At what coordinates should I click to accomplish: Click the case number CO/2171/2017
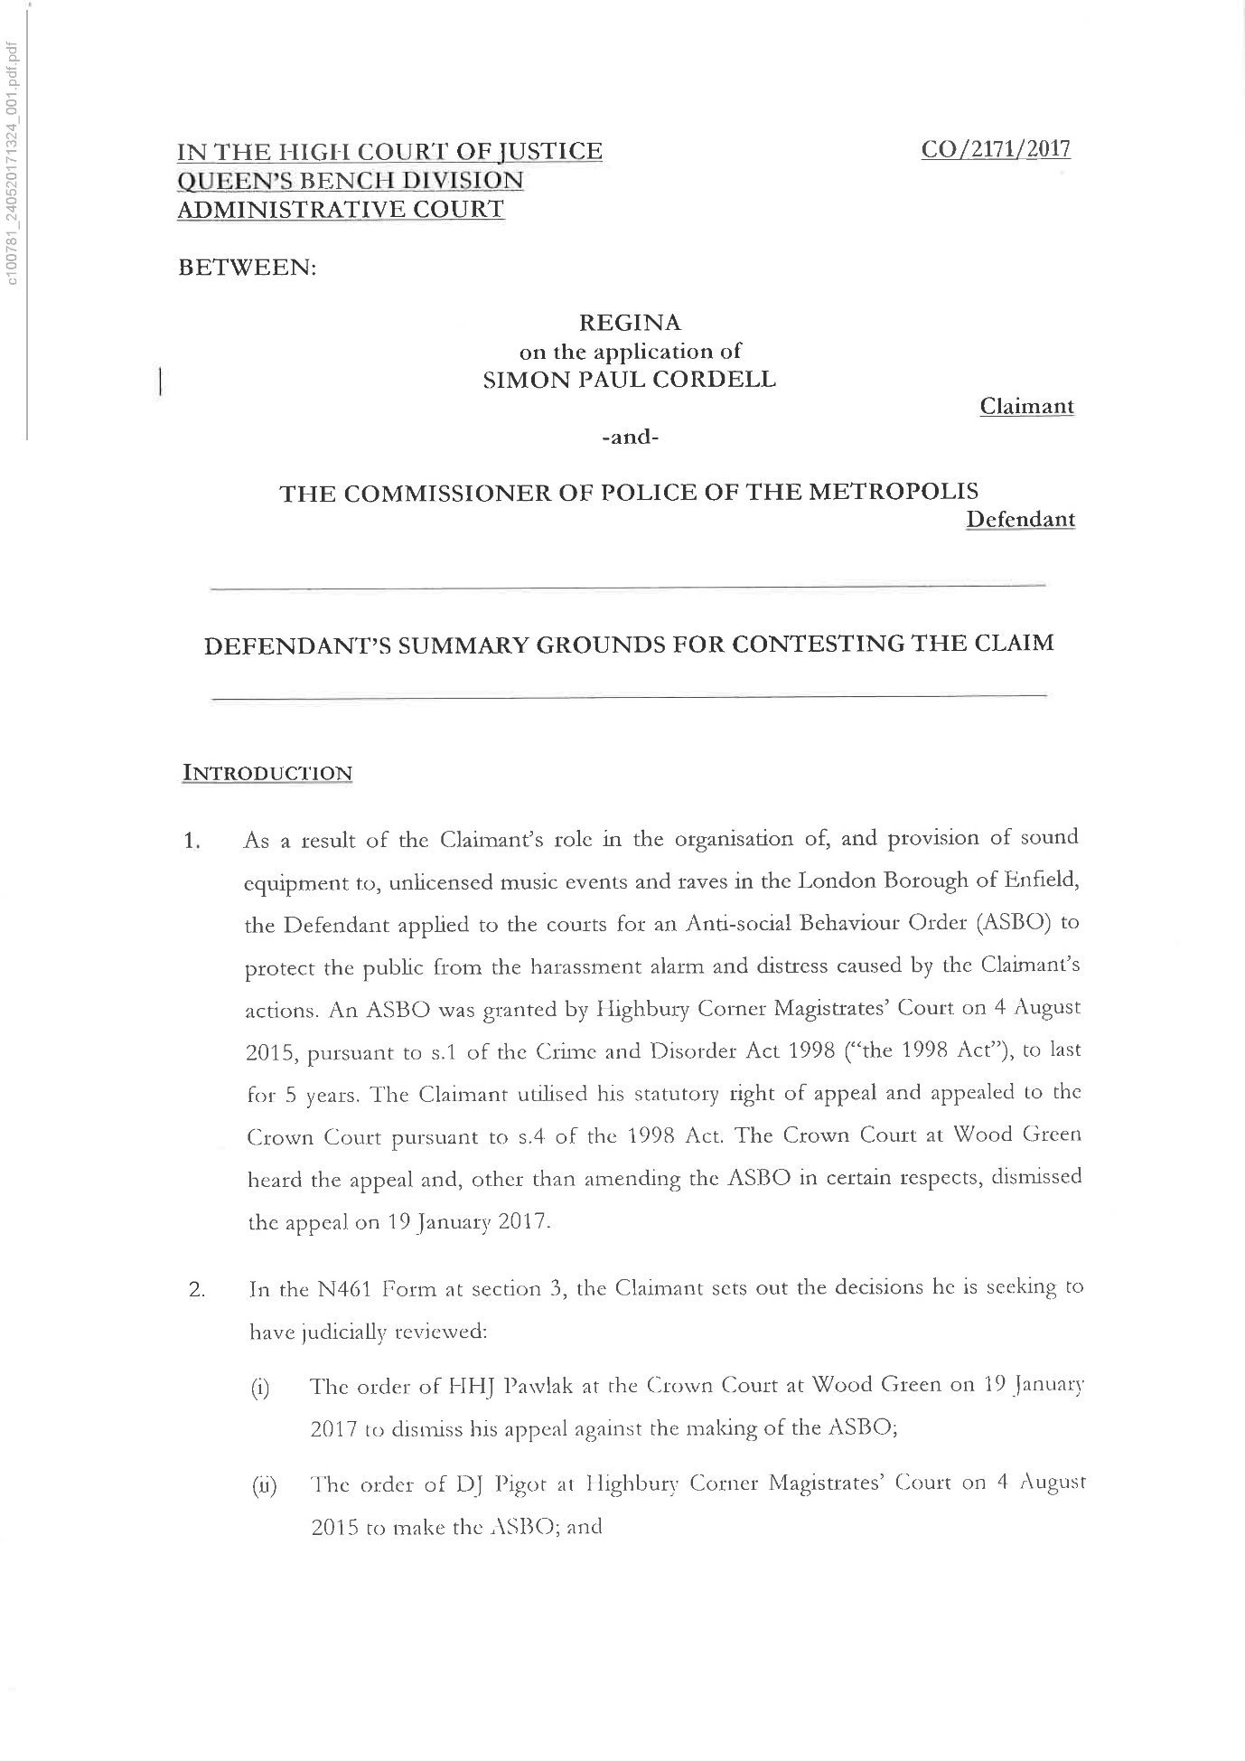995,149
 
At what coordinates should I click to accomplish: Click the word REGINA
630,323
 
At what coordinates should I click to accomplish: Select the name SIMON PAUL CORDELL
630,380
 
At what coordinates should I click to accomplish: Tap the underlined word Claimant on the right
1026,407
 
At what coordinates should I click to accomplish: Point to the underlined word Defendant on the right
1020,520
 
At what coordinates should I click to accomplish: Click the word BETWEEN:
247,268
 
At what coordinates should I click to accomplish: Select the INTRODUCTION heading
267,773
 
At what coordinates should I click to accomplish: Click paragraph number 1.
191,842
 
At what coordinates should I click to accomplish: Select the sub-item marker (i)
260,1389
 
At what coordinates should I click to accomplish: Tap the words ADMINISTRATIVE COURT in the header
341,210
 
